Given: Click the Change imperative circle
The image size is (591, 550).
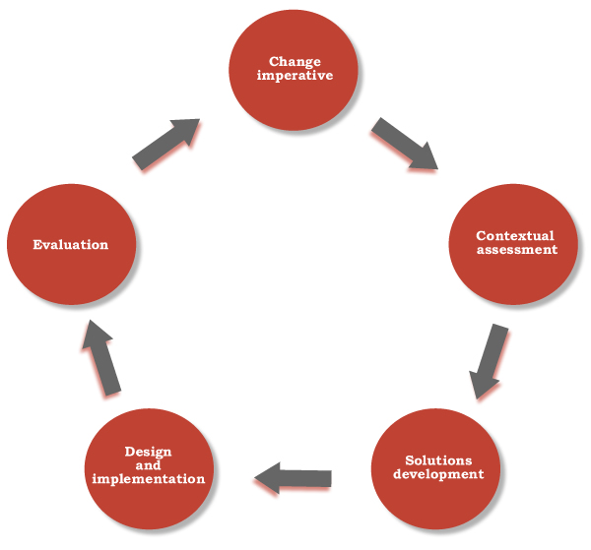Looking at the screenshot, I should (x=294, y=69).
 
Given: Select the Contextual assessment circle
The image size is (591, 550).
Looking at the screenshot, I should (x=515, y=243).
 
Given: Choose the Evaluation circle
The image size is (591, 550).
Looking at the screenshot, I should (x=71, y=245).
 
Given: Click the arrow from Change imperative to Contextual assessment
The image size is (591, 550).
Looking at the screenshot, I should (x=404, y=144).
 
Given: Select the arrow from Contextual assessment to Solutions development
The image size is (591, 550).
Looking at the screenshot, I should (x=490, y=361).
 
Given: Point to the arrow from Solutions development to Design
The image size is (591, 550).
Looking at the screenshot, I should (x=294, y=478).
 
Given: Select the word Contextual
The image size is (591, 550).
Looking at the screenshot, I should (x=515, y=236).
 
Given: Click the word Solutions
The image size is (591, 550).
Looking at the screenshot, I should (x=438, y=460).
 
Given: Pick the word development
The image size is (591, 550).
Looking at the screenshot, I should (x=438, y=474).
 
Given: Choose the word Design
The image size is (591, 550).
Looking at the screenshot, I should (x=149, y=452).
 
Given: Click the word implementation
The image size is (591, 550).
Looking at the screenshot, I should (x=149, y=479).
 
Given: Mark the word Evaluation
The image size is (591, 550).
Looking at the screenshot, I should (x=70, y=244).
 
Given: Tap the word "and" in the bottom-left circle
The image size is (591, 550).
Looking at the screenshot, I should (x=148, y=465).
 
